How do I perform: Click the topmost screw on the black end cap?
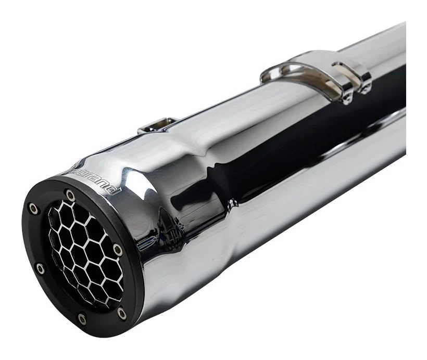click(x=70, y=196)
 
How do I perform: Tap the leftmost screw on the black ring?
click(x=33, y=209)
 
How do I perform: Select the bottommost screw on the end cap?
click(x=82, y=318)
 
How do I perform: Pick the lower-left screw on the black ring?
click(x=40, y=268)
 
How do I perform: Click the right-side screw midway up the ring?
click(x=118, y=250)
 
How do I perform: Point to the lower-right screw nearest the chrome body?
click(x=122, y=313)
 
